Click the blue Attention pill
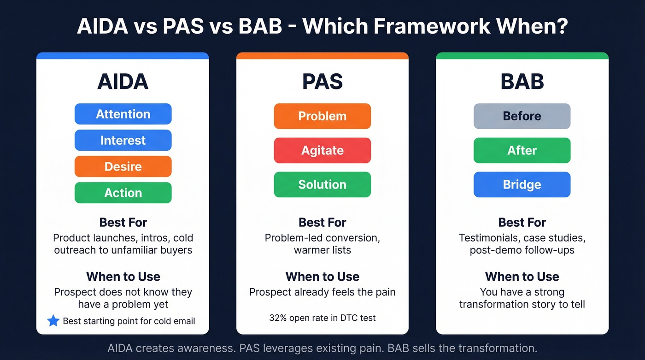tap(123, 114)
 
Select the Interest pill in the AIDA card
tap(123, 140)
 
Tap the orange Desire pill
tap(123, 166)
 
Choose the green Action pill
tap(123, 193)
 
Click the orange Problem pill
tap(322, 116)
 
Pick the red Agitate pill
tap(322, 150)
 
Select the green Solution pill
tap(322, 184)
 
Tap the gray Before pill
tap(522, 116)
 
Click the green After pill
tap(522, 150)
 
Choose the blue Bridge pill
tap(522, 184)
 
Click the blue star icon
tap(53, 321)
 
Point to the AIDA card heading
tap(123, 82)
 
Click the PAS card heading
tap(322, 82)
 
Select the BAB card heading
tap(522, 82)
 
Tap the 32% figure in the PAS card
tap(278, 318)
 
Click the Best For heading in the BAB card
tap(522, 223)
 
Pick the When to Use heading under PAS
tap(322, 277)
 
